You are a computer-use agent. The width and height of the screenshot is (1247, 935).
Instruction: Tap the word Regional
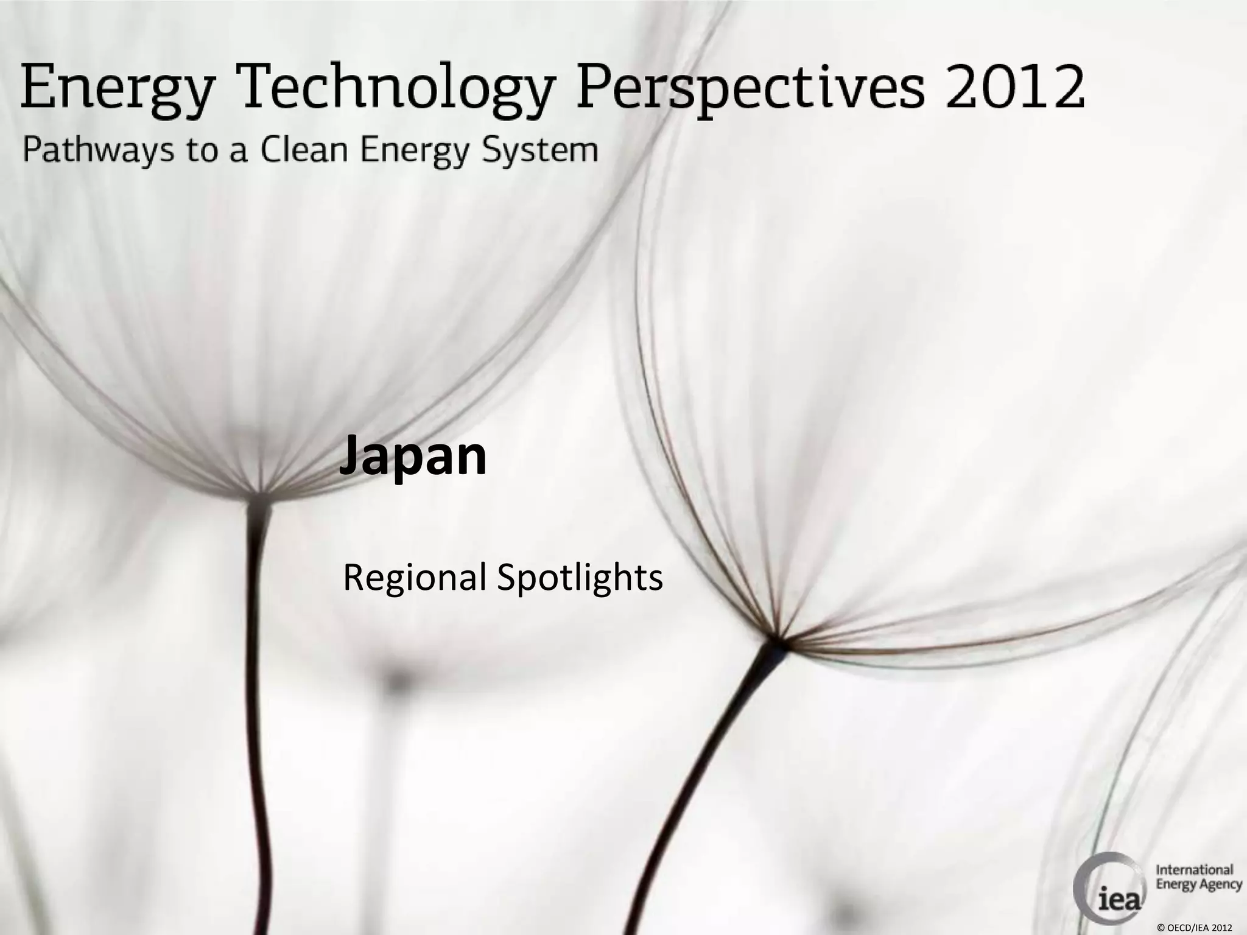click(415, 578)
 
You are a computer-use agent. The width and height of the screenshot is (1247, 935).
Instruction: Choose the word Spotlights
click(580, 578)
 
